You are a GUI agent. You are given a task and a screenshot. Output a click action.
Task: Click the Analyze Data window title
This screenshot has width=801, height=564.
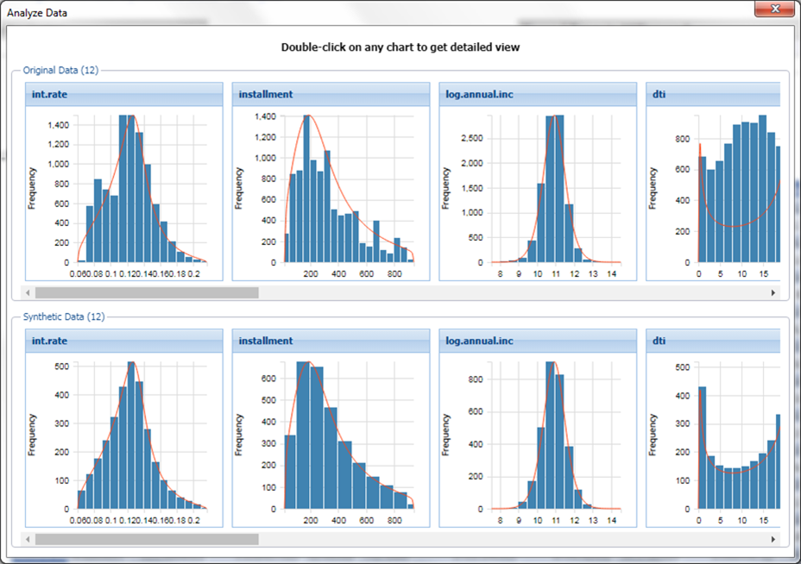(x=37, y=13)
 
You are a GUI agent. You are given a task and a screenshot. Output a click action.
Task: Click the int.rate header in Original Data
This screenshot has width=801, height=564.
(x=50, y=94)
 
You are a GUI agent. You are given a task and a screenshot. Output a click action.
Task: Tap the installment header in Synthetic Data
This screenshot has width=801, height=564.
(x=266, y=341)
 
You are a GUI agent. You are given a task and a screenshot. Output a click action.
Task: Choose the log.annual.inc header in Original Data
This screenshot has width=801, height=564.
(x=479, y=94)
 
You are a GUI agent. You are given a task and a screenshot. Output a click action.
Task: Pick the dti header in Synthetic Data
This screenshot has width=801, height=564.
(x=659, y=341)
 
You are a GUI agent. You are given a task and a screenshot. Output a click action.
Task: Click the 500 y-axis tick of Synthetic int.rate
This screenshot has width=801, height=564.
(x=62, y=367)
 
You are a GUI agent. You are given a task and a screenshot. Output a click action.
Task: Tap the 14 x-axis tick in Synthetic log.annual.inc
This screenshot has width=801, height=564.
(x=611, y=521)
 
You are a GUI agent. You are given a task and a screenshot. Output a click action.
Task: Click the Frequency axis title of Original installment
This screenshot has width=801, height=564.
(x=240, y=188)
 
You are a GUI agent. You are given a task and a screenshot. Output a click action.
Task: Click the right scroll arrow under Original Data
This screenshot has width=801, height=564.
(x=773, y=293)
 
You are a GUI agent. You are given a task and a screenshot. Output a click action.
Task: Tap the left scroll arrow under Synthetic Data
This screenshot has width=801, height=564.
(x=28, y=539)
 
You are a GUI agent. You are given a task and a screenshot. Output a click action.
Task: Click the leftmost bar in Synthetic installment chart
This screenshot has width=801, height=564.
(x=290, y=472)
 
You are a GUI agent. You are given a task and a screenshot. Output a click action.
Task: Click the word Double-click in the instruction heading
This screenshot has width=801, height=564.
(x=312, y=47)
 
